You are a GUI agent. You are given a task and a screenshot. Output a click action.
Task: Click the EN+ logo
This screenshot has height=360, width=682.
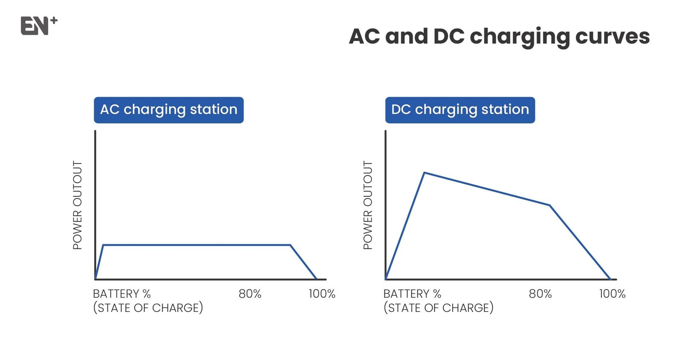coord(39,26)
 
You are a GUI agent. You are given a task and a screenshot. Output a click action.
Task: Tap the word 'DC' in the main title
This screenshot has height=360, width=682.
coord(449,36)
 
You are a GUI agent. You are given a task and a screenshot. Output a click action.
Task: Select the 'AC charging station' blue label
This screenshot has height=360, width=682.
coord(169,110)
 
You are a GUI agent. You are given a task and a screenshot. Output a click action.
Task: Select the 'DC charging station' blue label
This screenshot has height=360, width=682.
coord(460,110)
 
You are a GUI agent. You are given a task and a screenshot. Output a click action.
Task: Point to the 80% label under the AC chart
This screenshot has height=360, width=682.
coord(250,294)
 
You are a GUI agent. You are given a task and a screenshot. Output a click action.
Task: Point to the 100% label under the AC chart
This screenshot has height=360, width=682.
coord(322,294)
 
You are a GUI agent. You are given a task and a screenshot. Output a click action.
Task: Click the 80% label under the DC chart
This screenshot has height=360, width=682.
coord(540,294)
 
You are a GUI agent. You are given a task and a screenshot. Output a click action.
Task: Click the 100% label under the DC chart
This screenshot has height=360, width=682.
coord(612,294)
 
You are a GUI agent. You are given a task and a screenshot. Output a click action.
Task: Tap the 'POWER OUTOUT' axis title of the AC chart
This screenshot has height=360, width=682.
coord(78,205)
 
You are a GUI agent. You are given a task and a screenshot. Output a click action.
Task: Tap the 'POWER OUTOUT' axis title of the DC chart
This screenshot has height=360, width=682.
coord(368,205)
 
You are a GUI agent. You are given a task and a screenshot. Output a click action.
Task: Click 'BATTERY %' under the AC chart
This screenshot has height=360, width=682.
coord(122,294)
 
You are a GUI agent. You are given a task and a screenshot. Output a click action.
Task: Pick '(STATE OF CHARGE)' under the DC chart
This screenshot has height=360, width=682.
coord(439,308)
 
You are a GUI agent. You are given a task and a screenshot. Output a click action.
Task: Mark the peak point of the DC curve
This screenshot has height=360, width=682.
coord(425,173)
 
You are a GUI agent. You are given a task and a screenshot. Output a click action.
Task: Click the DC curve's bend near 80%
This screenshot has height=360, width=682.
coord(549,205)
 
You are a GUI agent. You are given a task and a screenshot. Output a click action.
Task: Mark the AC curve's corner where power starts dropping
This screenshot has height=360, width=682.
coord(290,245)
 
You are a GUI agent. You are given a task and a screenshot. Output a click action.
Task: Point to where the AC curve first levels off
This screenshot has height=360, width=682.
coord(104,245)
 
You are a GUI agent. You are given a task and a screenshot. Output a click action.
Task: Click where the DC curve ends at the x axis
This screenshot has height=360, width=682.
coord(610,279)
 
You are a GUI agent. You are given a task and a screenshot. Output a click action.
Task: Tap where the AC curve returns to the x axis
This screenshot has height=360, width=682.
coord(316,279)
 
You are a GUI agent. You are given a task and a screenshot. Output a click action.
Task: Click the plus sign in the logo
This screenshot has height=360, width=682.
coord(54,21)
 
